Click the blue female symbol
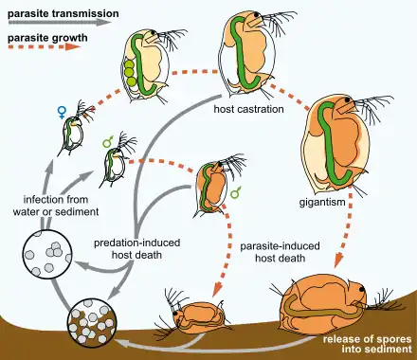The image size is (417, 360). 63,112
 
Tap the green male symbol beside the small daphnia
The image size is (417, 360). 108,141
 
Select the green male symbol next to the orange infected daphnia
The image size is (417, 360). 236,192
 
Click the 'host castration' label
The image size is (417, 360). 248,109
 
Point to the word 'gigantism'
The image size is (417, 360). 322,201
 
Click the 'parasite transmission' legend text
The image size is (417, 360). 63,14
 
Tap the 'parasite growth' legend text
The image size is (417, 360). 47,38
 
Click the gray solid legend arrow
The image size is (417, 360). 60,23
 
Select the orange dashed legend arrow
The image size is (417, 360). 45,46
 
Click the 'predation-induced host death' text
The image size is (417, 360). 137,248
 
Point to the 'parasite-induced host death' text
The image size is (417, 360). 280,252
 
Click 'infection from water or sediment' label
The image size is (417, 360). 56,206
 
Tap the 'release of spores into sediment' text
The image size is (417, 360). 367,344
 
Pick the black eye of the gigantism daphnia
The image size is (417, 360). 348,100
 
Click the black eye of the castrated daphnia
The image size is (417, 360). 258,14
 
